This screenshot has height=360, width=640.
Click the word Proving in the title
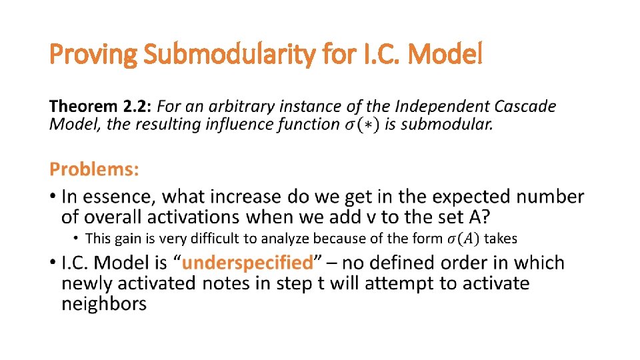coord(93,55)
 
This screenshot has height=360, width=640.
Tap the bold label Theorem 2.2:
coord(101,106)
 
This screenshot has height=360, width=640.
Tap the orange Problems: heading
coord(95,169)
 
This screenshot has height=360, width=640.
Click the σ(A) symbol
coord(463,238)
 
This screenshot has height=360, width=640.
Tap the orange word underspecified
coord(247,263)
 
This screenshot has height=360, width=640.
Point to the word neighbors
coord(103,304)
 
